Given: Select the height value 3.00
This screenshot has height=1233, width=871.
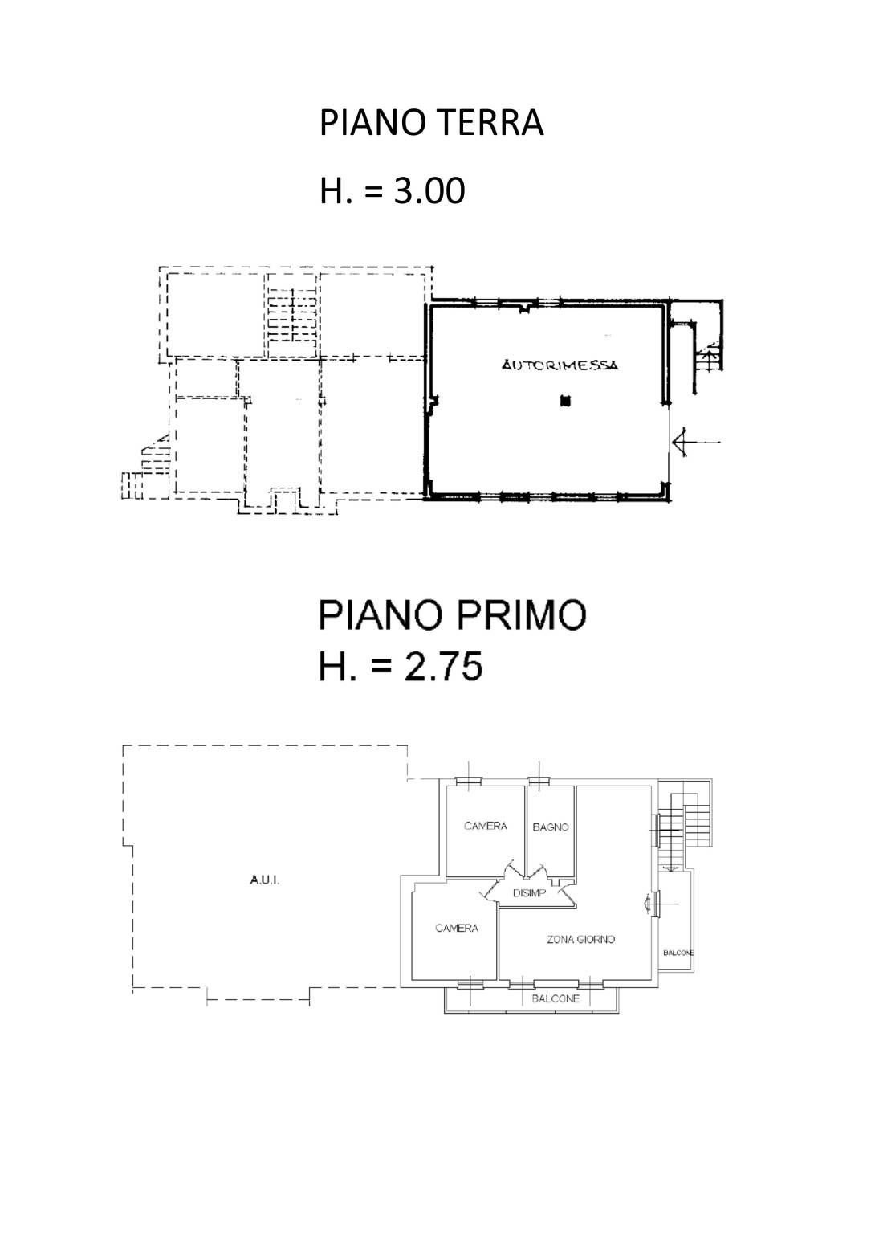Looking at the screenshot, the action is [x=429, y=191].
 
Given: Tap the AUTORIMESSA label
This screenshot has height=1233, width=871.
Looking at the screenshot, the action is [x=560, y=365].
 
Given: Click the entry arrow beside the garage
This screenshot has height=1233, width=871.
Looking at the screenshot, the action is [x=696, y=442].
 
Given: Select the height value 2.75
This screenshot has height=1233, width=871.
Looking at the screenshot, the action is [x=443, y=666].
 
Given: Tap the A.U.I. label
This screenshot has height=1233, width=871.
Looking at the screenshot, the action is [x=265, y=880].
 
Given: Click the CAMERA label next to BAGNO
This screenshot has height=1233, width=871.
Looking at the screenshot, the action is [x=486, y=826].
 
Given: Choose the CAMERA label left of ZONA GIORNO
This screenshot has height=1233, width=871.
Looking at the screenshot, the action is [x=457, y=928].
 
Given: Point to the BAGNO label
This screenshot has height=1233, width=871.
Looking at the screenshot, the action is [x=551, y=827].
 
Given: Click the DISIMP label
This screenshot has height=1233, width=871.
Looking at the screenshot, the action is [x=529, y=893].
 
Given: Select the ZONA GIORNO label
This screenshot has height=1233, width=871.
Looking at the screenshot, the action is [x=580, y=939].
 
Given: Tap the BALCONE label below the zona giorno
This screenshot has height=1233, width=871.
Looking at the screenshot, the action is [x=556, y=998].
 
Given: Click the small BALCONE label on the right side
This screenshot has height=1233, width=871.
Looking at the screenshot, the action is [x=678, y=953].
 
